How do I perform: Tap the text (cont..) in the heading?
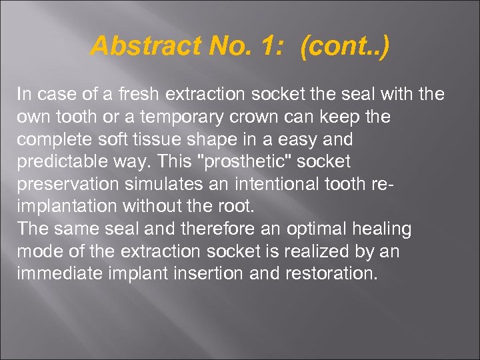pyautogui.click(x=345, y=46)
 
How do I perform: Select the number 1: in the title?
pyautogui.click(x=273, y=46)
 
